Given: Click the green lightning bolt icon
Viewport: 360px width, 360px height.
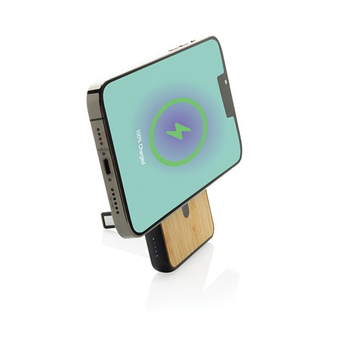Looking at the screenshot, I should coord(178,131).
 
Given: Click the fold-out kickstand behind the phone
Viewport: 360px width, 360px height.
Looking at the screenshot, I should coord(107,220).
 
